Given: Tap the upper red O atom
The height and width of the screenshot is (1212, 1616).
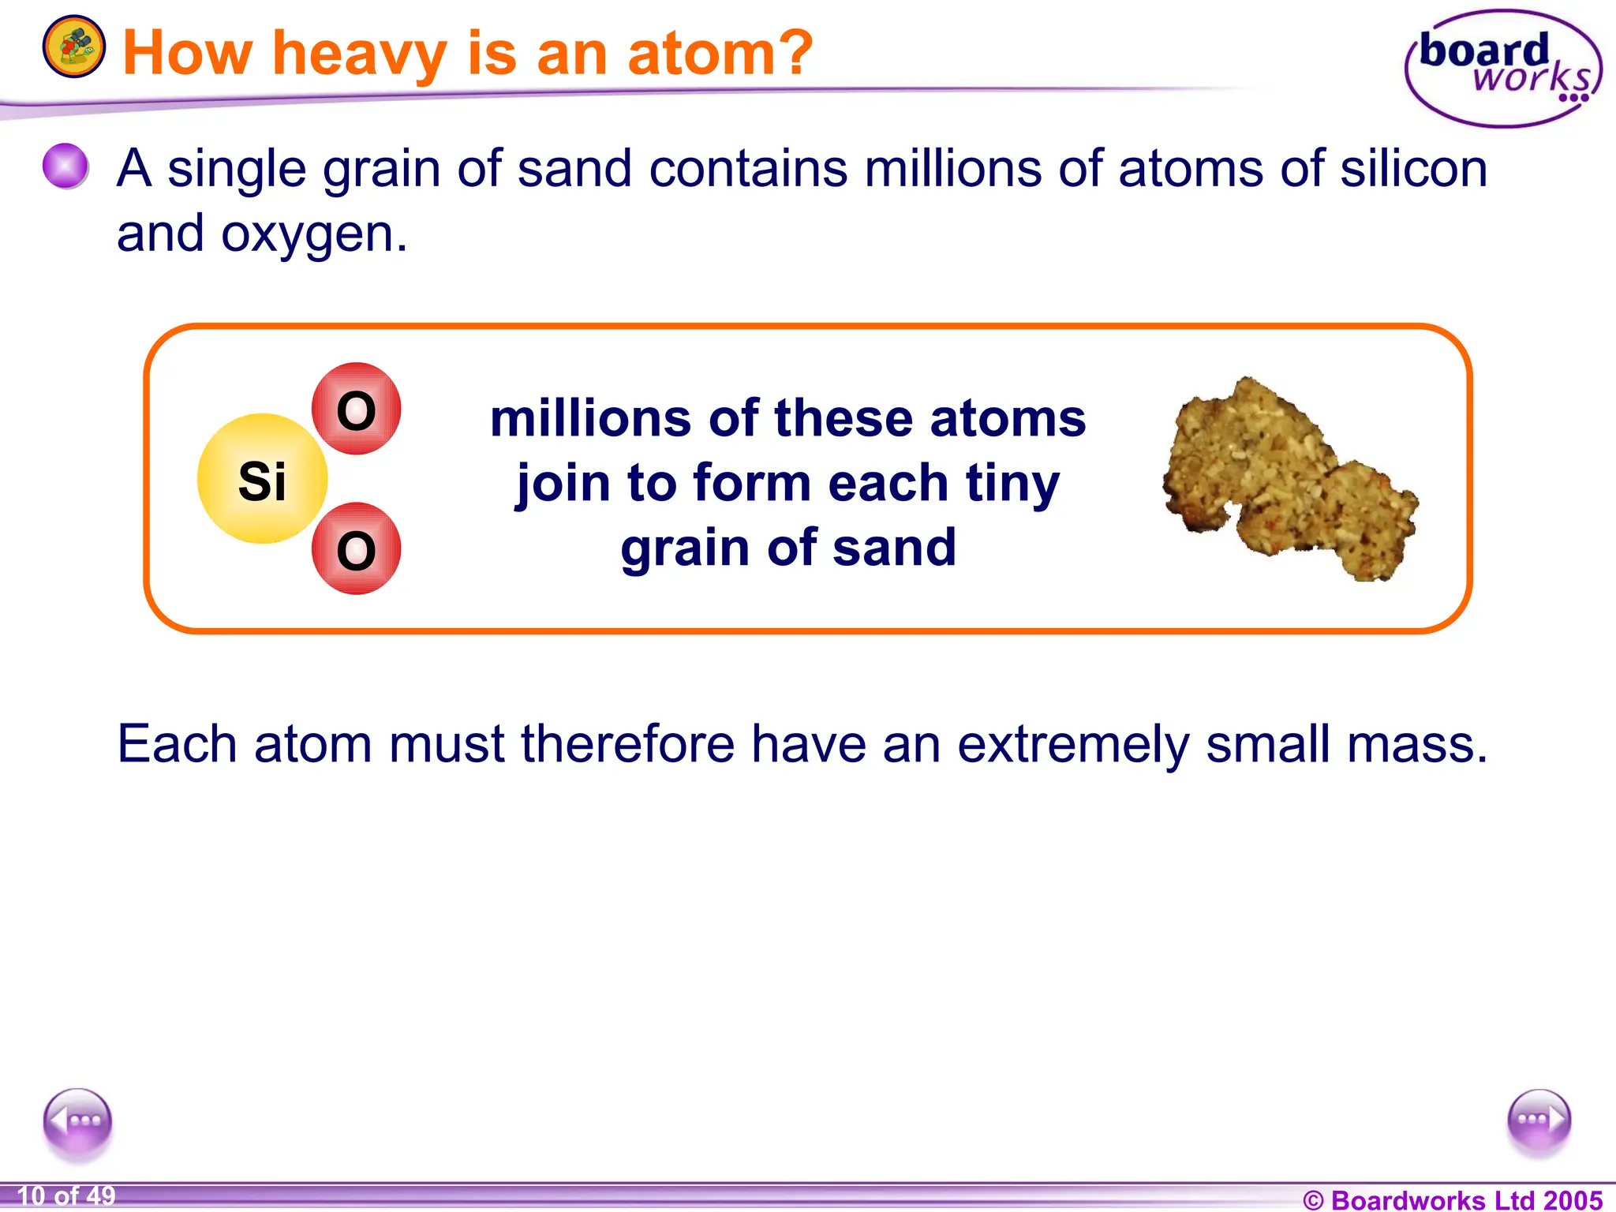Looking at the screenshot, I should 356,409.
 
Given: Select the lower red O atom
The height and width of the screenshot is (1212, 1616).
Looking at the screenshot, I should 356,548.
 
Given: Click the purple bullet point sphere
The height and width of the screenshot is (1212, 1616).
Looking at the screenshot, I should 65,166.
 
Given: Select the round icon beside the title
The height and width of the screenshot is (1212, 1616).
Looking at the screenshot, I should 73,47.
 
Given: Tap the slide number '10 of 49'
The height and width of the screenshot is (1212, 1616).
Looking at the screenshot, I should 66,1196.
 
